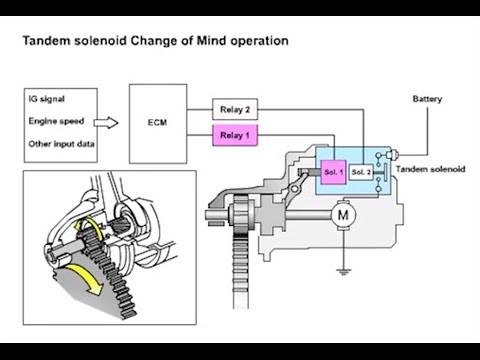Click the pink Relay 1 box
pyautogui.click(x=235, y=135)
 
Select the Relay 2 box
pyautogui.click(x=235, y=109)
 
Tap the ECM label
pyautogui.click(x=157, y=122)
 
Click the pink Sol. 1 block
pyautogui.click(x=333, y=172)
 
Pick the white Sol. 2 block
pyautogui.click(x=361, y=172)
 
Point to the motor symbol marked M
pyautogui.click(x=343, y=215)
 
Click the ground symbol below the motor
pyautogui.click(x=343, y=271)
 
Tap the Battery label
pyautogui.click(x=427, y=99)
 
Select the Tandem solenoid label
pyautogui.click(x=430, y=169)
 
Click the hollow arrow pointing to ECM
pyautogui.click(x=106, y=123)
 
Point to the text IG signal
pyautogui.click(x=46, y=99)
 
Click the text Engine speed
pyautogui.click(x=56, y=121)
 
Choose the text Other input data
pyautogui.click(x=61, y=144)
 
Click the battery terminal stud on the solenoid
pyautogui.click(x=392, y=155)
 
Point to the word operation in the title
pyautogui.click(x=260, y=41)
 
